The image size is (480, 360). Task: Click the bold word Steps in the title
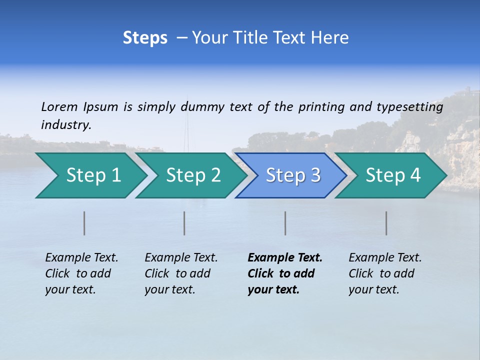tap(145, 38)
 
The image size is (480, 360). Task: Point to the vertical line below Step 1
tap(84, 223)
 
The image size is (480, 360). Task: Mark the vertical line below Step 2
tap(184, 223)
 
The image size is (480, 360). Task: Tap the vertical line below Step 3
tap(285, 223)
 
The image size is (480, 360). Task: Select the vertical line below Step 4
tap(386, 223)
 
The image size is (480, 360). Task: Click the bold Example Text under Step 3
tap(285, 273)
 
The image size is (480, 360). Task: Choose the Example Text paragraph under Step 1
tap(81, 273)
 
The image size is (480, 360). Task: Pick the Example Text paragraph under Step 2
tap(181, 273)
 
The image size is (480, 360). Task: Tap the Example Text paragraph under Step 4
tap(385, 273)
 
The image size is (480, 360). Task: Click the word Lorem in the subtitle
tap(59, 107)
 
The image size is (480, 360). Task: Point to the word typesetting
tap(409, 107)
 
